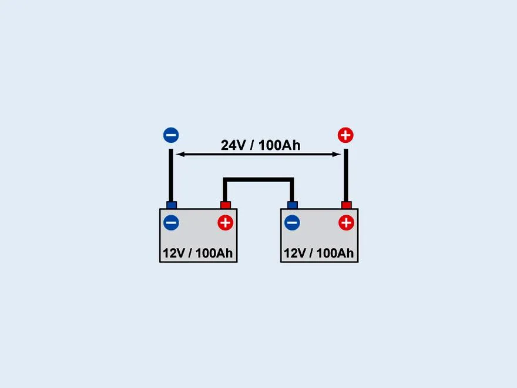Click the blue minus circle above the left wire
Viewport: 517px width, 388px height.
(171, 135)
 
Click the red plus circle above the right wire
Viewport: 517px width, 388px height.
(345, 135)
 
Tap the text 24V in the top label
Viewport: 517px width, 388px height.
(233, 145)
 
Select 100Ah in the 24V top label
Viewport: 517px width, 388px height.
(280, 145)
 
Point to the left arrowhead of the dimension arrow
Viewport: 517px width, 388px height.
(180, 154)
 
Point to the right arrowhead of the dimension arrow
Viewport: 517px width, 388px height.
(337, 154)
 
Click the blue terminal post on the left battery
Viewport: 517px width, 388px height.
(172, 205)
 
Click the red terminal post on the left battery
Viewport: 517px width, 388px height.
(226, 205)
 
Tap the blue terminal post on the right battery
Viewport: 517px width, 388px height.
(293, 205)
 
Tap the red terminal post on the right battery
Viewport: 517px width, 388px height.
(346, 205)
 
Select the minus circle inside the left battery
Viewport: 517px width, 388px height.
(171, 223)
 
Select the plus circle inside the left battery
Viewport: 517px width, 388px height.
(226, 223)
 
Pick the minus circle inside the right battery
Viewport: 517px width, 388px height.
(292, 223)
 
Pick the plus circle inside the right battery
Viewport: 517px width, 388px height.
(346, 223)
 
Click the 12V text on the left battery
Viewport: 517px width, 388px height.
(174, 253)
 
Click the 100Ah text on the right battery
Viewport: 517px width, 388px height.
(335, 253)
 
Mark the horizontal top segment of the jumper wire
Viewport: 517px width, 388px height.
(258, 180)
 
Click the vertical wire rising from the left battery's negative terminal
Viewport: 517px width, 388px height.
(171, 175)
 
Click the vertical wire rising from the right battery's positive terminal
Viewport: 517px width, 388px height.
(346, 175)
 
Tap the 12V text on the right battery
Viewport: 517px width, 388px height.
(296, 253)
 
